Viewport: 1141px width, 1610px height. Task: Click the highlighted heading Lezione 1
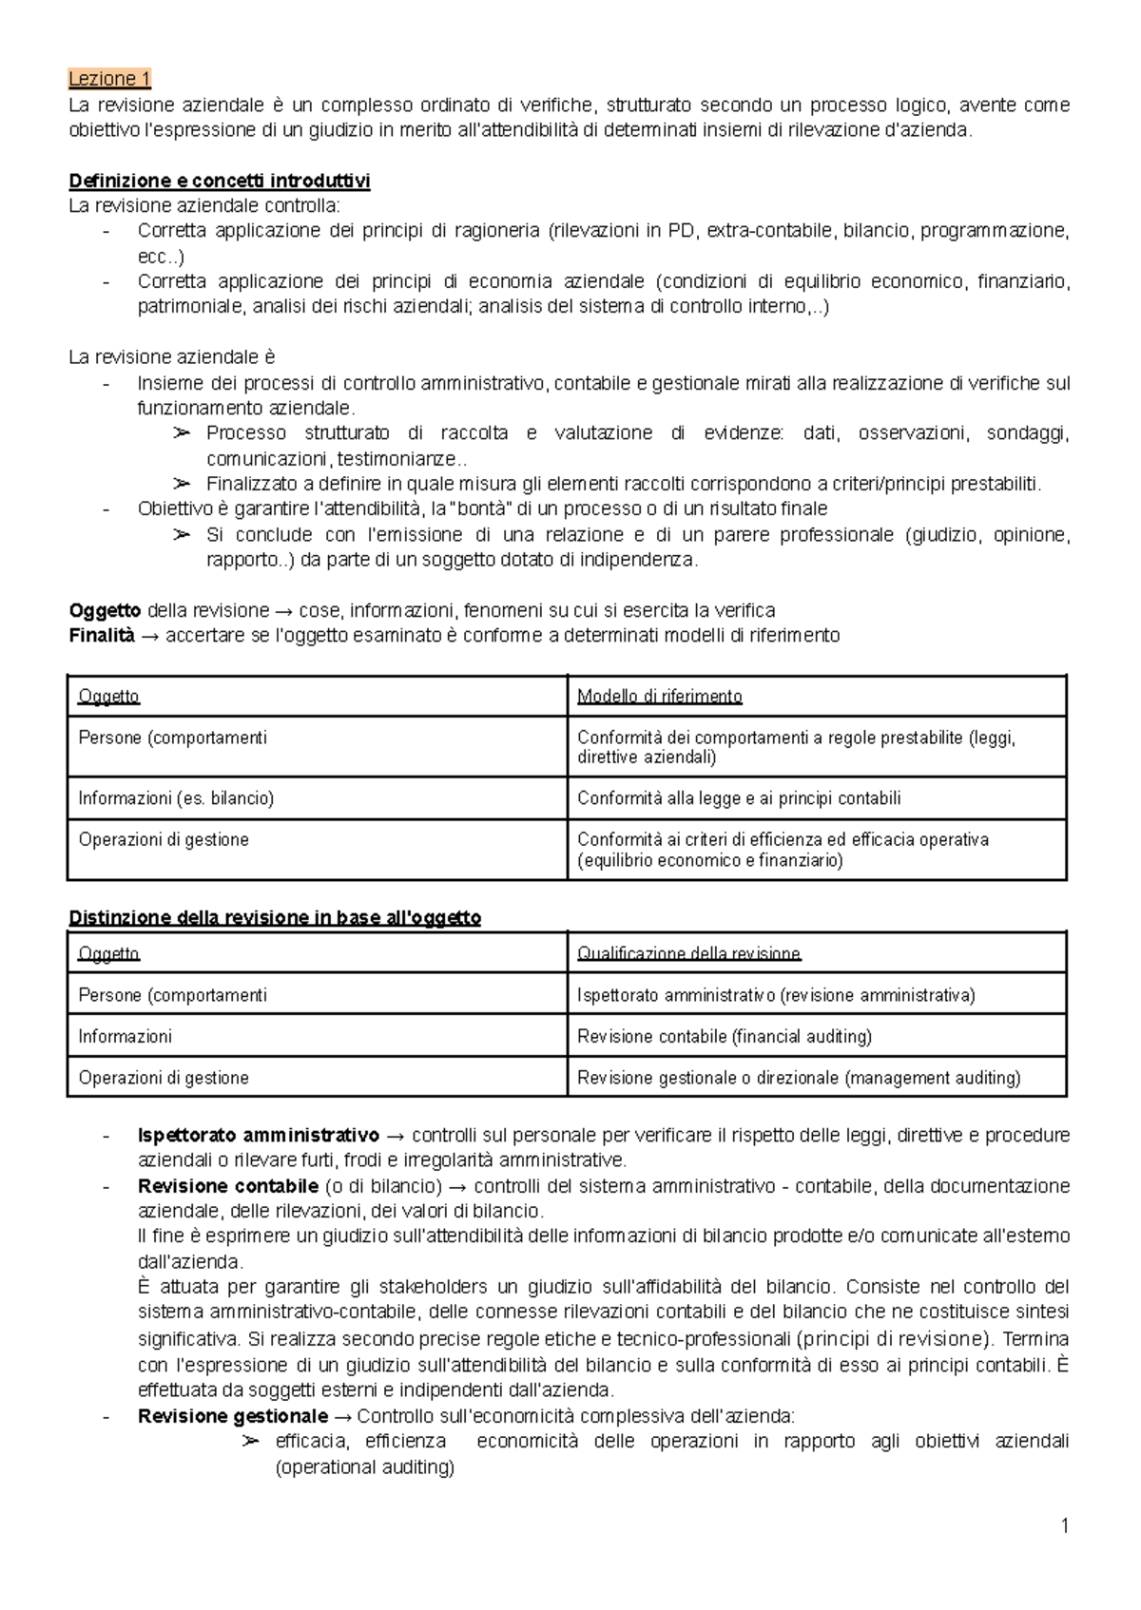(x=109, y=79)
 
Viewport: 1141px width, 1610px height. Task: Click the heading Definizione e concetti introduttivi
(x=220, y=181)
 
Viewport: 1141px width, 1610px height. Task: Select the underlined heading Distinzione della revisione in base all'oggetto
(x=275, y=918)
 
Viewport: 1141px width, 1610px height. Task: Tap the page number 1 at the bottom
(x=1065, y=1526)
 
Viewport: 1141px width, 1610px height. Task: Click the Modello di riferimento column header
(x=659, y=697)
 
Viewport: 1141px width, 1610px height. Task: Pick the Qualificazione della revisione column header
(x=688, y=954)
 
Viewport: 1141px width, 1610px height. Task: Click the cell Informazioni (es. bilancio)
(x=176, y=798)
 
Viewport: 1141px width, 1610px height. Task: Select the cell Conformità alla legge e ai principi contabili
(x=738, y=798)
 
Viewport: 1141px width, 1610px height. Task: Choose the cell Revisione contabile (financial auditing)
(x=724, y=1037)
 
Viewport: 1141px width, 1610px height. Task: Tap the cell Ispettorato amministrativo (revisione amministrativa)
(x=776, y=996)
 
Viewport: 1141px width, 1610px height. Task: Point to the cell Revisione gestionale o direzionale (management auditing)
(x=799, y=1078)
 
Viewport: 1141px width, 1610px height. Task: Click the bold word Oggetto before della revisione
(x=105, y=610)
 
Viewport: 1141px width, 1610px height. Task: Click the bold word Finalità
(x=102, y=636)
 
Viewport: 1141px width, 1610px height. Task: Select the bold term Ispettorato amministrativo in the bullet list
(x=258, y=1136)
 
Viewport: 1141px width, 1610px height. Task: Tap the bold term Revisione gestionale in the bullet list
(x=232, y=1417)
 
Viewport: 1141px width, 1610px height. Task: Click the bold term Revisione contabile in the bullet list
(x=227, y=1187)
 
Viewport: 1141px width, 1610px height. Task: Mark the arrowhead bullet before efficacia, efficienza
(x=250, y=1442)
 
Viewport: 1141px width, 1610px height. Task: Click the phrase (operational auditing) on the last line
(x=364, y=1467)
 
